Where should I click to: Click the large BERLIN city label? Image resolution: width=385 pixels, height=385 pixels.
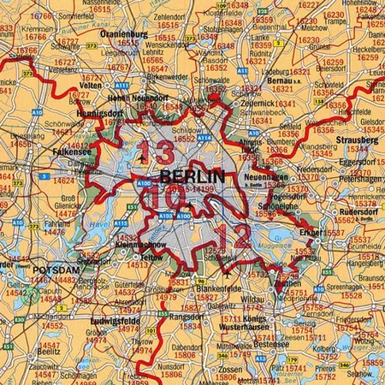coord(192,177)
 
